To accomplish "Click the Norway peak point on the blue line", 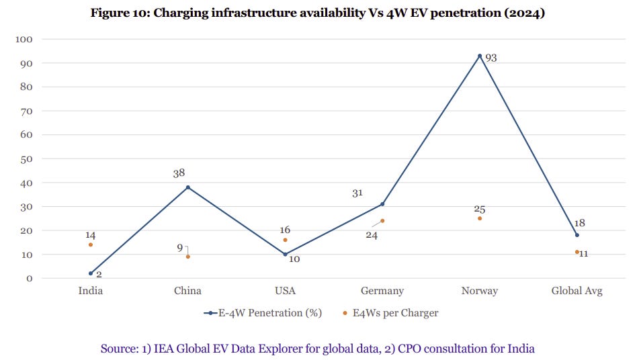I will (x=480, y=56).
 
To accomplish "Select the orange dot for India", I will (x=91, y=244).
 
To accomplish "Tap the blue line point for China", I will (x=188, y=187).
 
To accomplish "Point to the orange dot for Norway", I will (x=480, y=218).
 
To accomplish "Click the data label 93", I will (x=491, y=58).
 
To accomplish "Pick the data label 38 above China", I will (x=179, y=173).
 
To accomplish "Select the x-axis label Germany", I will (x=382, y=291).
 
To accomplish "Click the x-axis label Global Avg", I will (x=577, y=291).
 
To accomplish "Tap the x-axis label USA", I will (x=285, y=291).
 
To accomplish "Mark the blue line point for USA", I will (x=285, y=255).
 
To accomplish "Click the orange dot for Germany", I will (x=382, y=220).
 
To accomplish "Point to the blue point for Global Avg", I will (x=577, y=235).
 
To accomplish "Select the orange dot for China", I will (x=188, y=257).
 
